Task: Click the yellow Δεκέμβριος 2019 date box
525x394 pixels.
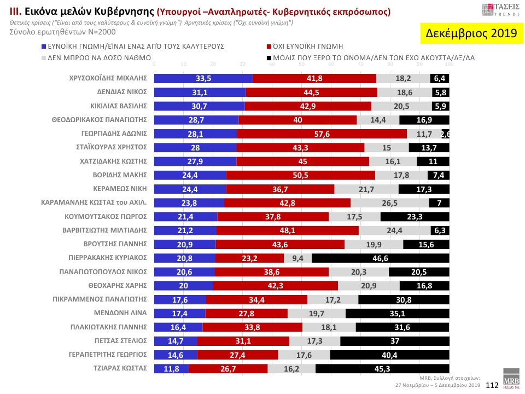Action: [471, 33]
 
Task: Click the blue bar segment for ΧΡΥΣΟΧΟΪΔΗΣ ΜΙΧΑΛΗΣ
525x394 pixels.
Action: [203, 78]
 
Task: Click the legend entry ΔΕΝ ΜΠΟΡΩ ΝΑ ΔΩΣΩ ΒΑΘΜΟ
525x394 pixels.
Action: [99, 57]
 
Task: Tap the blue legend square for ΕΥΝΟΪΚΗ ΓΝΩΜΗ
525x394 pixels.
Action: [44, 47]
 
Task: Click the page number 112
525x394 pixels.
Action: [492, 385]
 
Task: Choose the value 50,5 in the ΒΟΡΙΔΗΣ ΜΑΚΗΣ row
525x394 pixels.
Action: [301, 175]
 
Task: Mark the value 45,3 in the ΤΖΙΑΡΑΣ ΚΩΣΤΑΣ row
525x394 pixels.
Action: [382, 369]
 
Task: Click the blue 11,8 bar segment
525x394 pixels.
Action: [171, 369]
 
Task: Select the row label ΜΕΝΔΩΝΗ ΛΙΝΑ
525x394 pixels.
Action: [123, 313]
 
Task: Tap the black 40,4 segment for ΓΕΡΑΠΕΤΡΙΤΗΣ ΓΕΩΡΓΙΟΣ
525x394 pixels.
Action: [389, 355]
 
